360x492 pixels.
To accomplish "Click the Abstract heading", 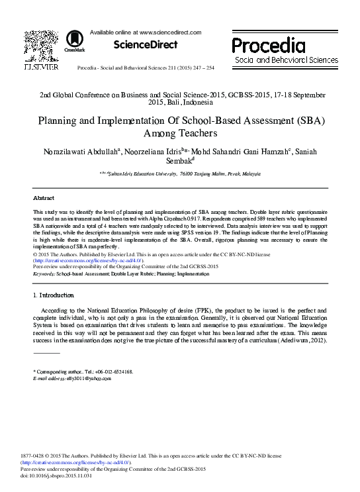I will pyautogui.click(x=44, y=198).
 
